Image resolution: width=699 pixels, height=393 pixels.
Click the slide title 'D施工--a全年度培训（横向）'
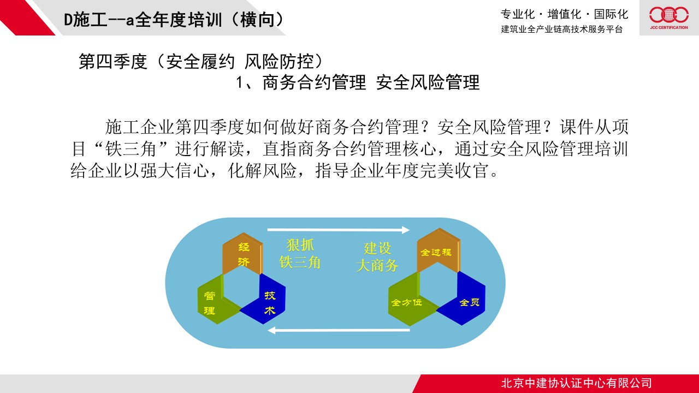pyautogui.click(x=174, y=19)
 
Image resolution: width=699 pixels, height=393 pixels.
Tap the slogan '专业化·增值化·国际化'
pyautogui.click(x=564, y=14)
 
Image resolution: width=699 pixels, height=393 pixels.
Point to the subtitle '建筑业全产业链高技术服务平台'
pyautogui.click(x=562, y=29)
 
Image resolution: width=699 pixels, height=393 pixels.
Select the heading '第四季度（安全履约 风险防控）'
pyautogui.click(x=202, y=61)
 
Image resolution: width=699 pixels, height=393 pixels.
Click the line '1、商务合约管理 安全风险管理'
pyautogui.click(x=358, y=82)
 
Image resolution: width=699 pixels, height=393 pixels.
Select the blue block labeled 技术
pyautogui.click(x=266, y=301)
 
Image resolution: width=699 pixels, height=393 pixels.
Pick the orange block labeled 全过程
pyautogui.click(x=438, y=251)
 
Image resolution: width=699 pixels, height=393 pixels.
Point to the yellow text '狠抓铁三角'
pyautogui.click(x=300, y=254)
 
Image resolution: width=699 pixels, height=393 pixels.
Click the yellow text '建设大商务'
pyautogui.click(x=377, y=257)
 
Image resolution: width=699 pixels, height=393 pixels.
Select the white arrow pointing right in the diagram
pyautogui.click(x=339, y=230)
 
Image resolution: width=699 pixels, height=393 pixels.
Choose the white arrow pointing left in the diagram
pyautogui.click(x=339, y=330)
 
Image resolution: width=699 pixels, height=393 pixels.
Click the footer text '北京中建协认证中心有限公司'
pyautogui.click(x=576, y=383)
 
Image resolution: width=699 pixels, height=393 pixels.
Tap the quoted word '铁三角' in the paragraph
pyautogui.click(x=131, y=148)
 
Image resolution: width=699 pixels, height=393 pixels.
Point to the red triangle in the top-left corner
pyautogui.click(x=22, y=16)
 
